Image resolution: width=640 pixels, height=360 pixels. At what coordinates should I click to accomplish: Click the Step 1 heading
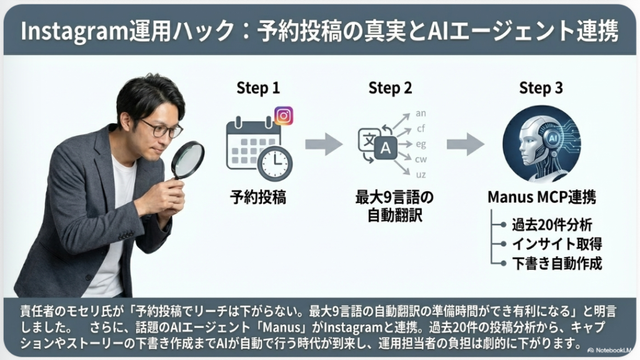click(257, 88)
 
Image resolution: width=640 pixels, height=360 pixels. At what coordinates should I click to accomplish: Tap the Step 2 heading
click(390, 88)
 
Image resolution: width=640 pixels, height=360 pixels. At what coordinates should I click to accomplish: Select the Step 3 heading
click(541, 88)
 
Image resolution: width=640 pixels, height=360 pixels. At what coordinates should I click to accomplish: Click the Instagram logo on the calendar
click(283, 116)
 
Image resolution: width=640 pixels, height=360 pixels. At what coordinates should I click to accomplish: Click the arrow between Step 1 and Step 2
click(324, 144)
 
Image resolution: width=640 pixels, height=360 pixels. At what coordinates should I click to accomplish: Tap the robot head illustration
click(541, 144)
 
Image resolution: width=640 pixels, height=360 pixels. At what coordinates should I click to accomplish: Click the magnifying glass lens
click(188, 159)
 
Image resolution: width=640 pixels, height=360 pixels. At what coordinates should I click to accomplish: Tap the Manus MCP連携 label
click(541, 198)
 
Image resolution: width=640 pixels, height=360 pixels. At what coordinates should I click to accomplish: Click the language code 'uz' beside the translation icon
click(421, 174)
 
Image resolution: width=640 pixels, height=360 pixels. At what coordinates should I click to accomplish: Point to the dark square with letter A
click(386, 149)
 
